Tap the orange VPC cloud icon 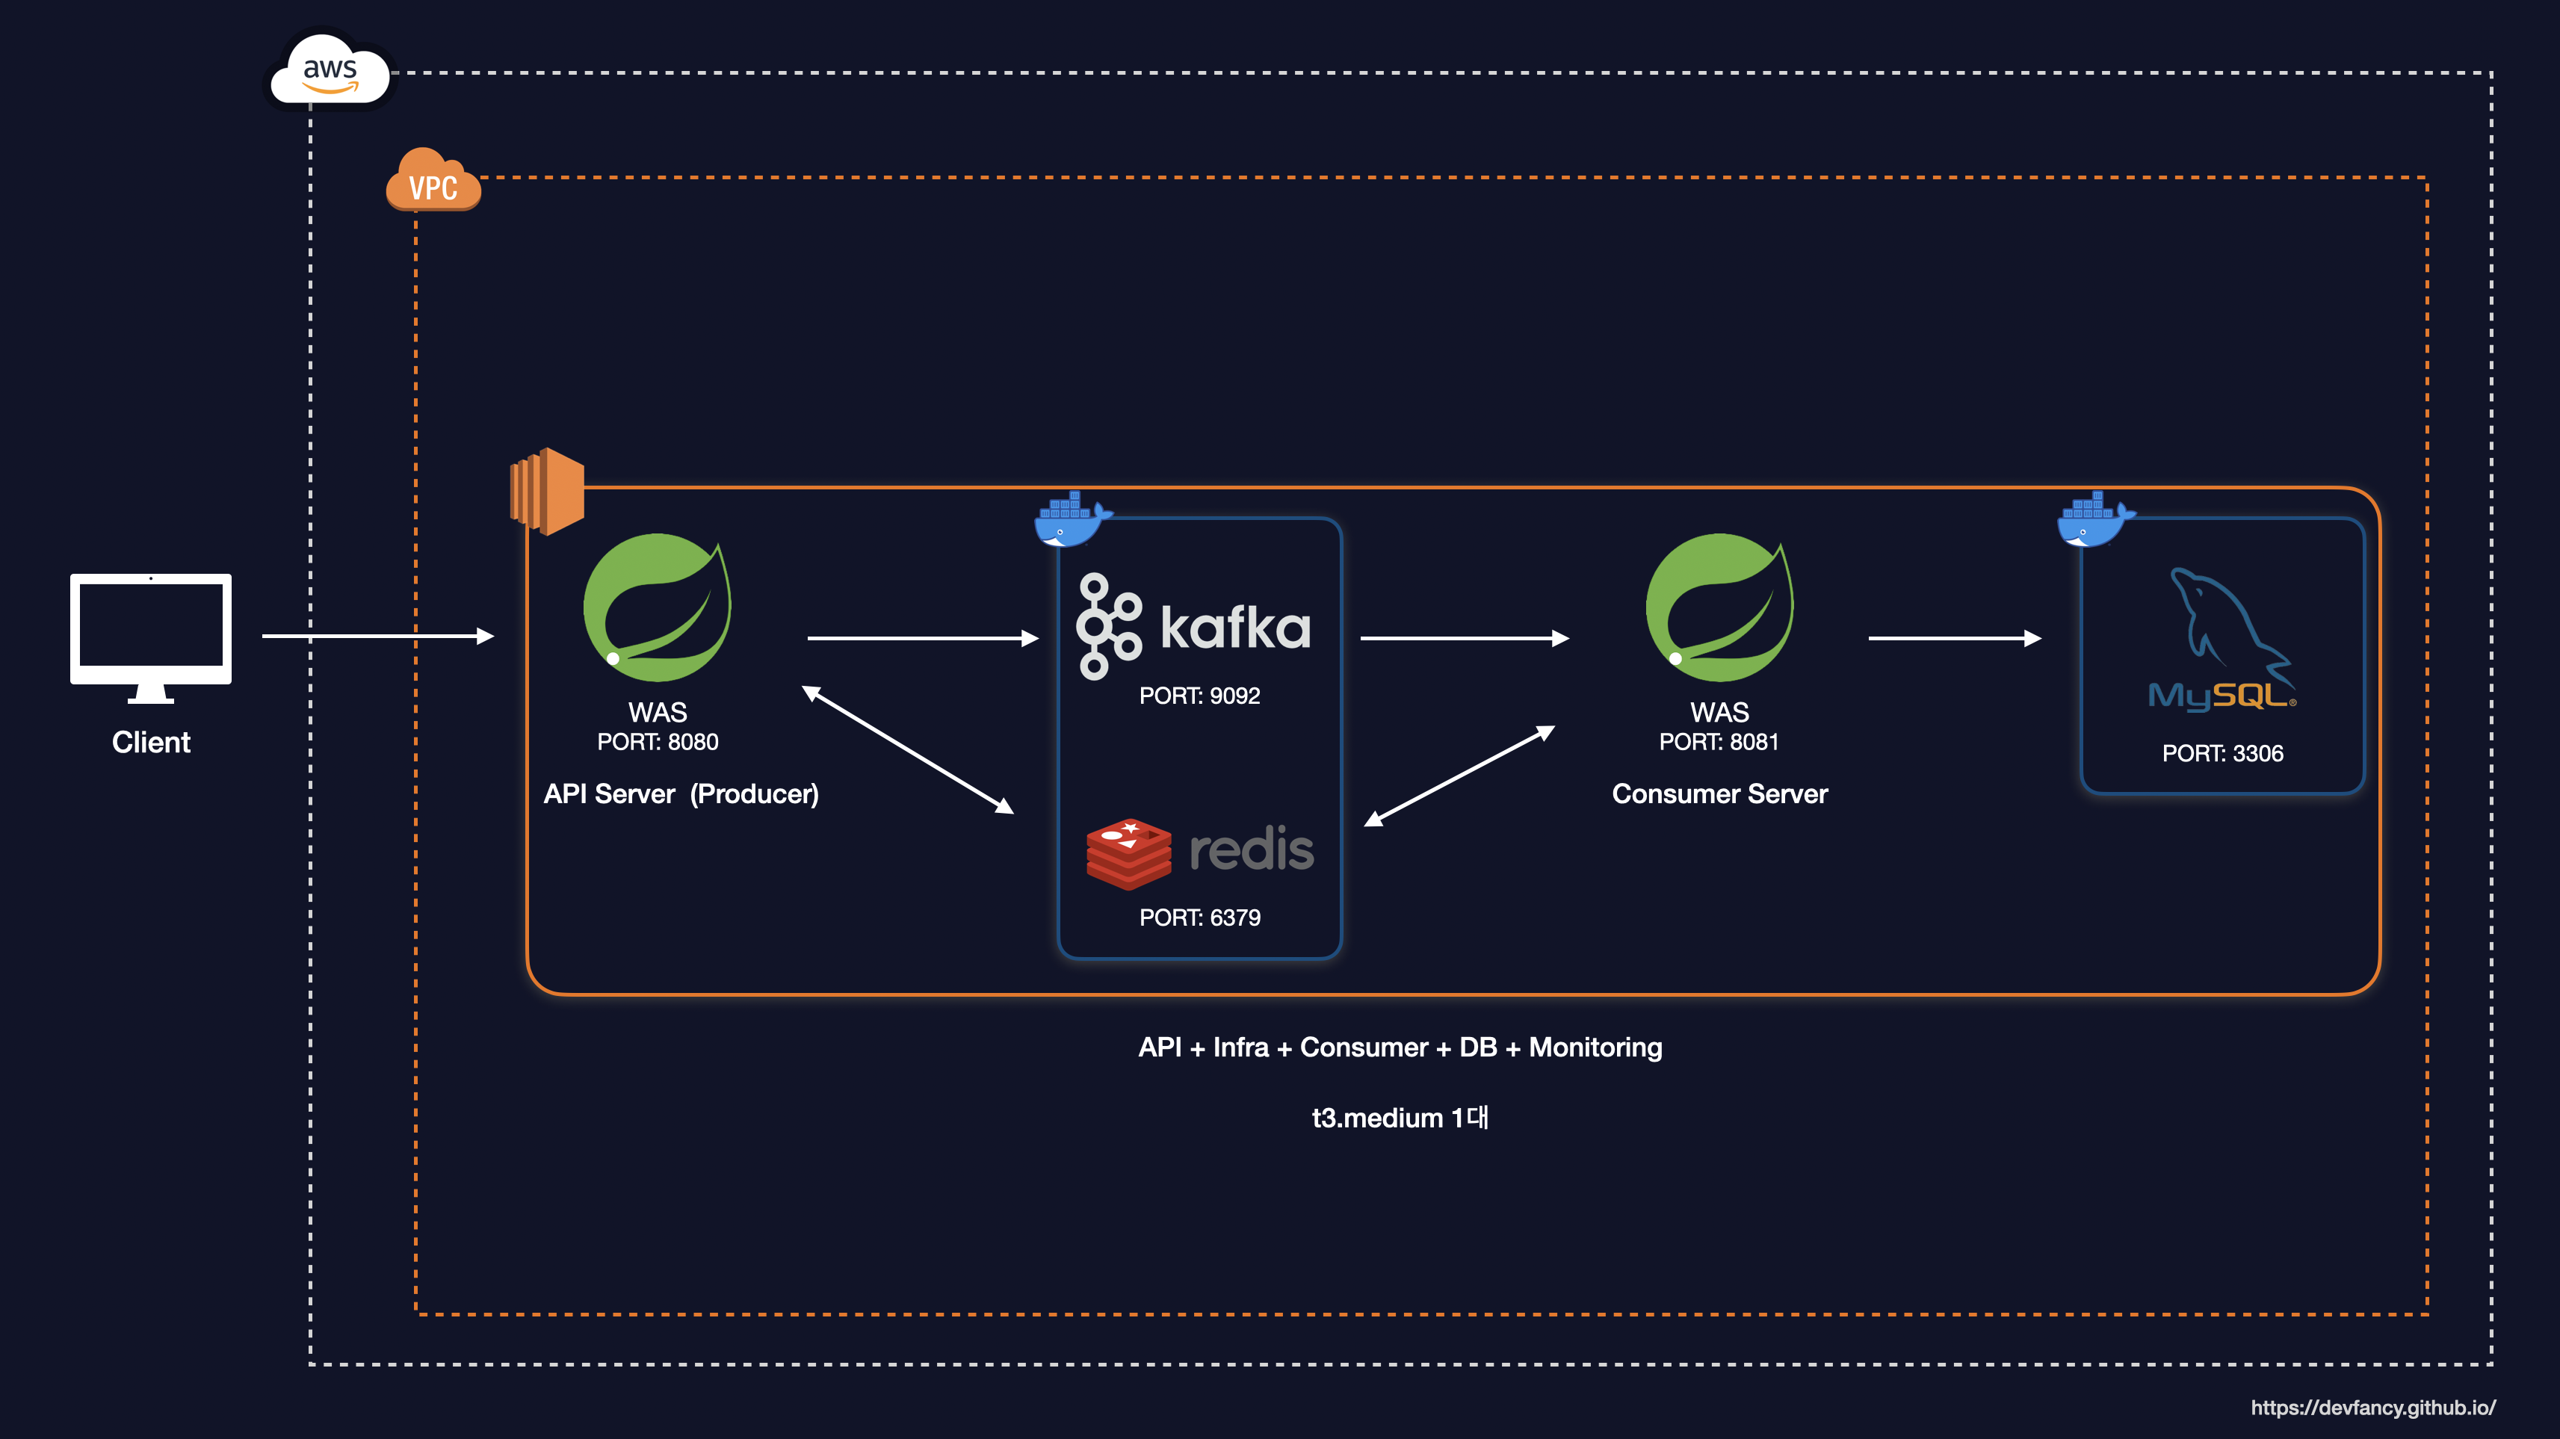click(433, 181)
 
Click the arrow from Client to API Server click(377, 636)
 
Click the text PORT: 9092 click(1199, 696)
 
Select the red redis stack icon click(1128, 852)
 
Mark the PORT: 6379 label click(1199, 917)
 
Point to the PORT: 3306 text click(2222, 753)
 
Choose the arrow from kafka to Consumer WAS click(1464, 638)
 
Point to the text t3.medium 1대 click(1400, 1118)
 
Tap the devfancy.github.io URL click(2372, 1407)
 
